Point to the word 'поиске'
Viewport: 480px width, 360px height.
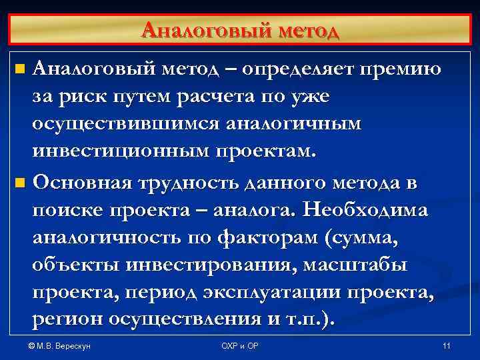[65, 209]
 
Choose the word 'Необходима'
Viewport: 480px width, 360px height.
[365, 209]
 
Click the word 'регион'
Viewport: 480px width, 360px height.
[67, 321]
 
